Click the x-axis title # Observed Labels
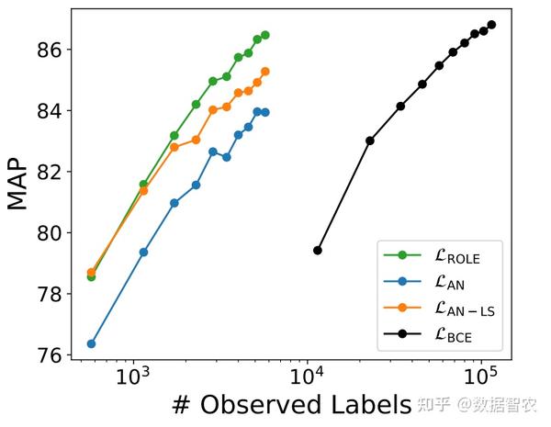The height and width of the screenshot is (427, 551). point(290,404)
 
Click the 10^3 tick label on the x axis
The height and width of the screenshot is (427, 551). point(134,377)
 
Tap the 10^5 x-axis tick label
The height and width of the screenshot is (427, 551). point(479,377)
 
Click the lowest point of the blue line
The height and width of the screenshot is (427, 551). point(91,343)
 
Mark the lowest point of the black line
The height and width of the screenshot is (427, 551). point(318,250)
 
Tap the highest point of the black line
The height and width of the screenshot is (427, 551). point(491,25)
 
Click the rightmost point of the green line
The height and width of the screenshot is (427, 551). point(265,35)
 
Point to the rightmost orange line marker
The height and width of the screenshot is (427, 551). point(265,71)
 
